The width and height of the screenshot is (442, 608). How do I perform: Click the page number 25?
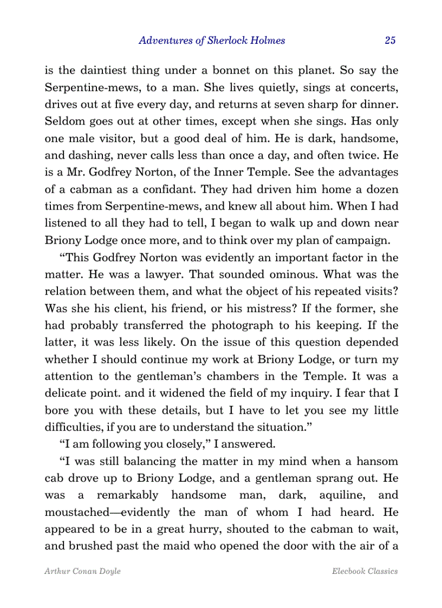click(390, 40)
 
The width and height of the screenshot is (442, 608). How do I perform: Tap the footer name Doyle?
click(109, 571)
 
